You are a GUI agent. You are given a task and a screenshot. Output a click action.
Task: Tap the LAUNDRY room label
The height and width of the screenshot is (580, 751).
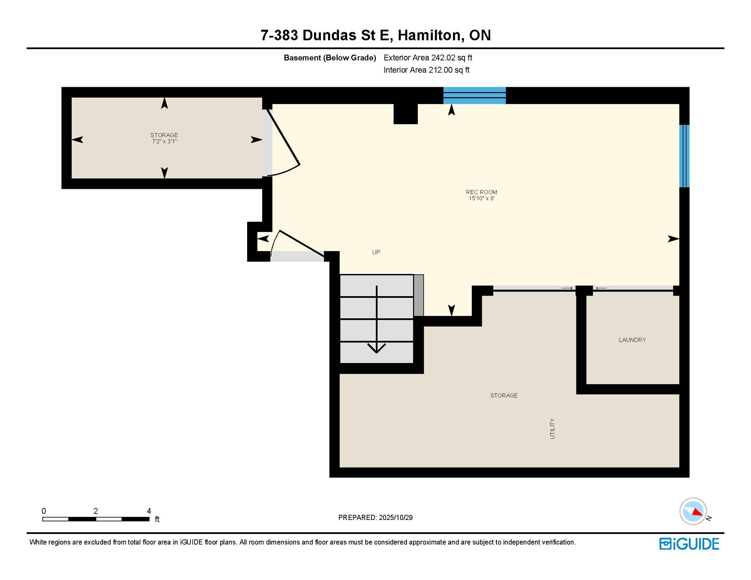coord(632,340)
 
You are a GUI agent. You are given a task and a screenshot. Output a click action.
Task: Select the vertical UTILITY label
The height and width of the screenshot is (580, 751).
coord(552,428)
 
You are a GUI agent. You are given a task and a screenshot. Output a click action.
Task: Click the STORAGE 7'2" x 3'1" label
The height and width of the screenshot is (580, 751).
coord(164,138)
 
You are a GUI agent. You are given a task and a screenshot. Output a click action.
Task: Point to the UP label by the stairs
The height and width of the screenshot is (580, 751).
coord(376,252)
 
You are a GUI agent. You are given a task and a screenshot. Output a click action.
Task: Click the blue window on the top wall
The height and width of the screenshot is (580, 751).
coord(474,95)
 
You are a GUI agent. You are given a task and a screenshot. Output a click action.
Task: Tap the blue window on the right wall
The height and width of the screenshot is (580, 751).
coord(684,156)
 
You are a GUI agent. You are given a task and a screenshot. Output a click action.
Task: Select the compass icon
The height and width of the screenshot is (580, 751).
coord(693,511)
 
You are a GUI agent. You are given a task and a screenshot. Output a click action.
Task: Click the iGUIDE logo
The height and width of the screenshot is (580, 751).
coord(689,544)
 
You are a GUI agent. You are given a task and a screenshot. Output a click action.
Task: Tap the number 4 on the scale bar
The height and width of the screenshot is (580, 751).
coord(149,511)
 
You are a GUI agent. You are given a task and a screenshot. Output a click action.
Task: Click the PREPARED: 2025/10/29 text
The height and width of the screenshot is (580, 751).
coord(375,517)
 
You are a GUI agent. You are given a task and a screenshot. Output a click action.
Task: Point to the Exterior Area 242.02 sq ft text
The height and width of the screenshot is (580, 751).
coord(428,57)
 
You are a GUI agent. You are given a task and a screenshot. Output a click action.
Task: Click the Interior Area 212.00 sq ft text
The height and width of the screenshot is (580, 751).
coord(426,70)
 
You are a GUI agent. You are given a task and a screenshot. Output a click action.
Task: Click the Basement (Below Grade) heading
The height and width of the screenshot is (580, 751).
coord(329,57)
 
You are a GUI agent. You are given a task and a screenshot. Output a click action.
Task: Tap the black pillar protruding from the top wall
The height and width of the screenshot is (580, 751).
coord(405,113)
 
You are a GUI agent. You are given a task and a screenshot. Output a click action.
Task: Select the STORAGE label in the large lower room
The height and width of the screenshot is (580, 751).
coord(504,395)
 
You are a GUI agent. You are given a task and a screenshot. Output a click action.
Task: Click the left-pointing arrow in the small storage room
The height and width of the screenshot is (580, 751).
coord(77,140)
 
